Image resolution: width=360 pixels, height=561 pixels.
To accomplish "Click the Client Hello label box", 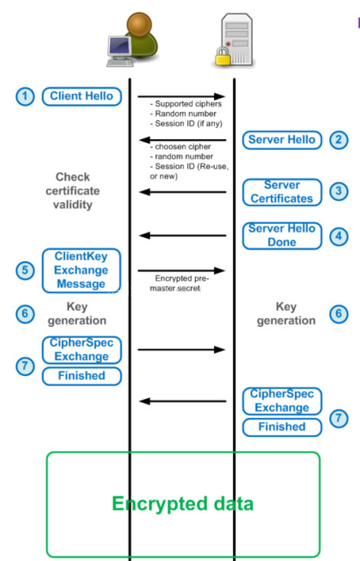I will (x=81, y=96).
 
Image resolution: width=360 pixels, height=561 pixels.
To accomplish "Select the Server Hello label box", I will (x=282, y=140).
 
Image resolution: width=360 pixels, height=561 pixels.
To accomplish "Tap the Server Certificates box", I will (x=282, y=192).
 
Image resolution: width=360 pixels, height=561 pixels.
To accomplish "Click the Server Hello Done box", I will (x=282, y=235).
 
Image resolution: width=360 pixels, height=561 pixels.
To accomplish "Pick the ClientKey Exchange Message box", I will (x=81, y=271).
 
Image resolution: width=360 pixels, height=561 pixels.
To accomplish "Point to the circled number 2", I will (x=339, y=140).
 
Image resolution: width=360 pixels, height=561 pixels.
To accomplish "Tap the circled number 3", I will (x=339, y=192).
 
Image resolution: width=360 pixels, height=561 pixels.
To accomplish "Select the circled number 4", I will (x=339, y=235).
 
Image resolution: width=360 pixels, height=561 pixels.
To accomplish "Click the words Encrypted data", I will (x=183, y=504).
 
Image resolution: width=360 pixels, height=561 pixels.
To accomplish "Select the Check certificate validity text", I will (x=73, y=190).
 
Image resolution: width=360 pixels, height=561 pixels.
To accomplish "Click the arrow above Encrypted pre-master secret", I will (x=182, y=270).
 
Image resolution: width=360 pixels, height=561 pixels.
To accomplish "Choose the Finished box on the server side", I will (x=282, y=426).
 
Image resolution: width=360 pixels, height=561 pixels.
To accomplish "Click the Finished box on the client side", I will (x=81, y=375).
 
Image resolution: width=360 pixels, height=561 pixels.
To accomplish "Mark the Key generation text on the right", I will (x=286, y=314).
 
